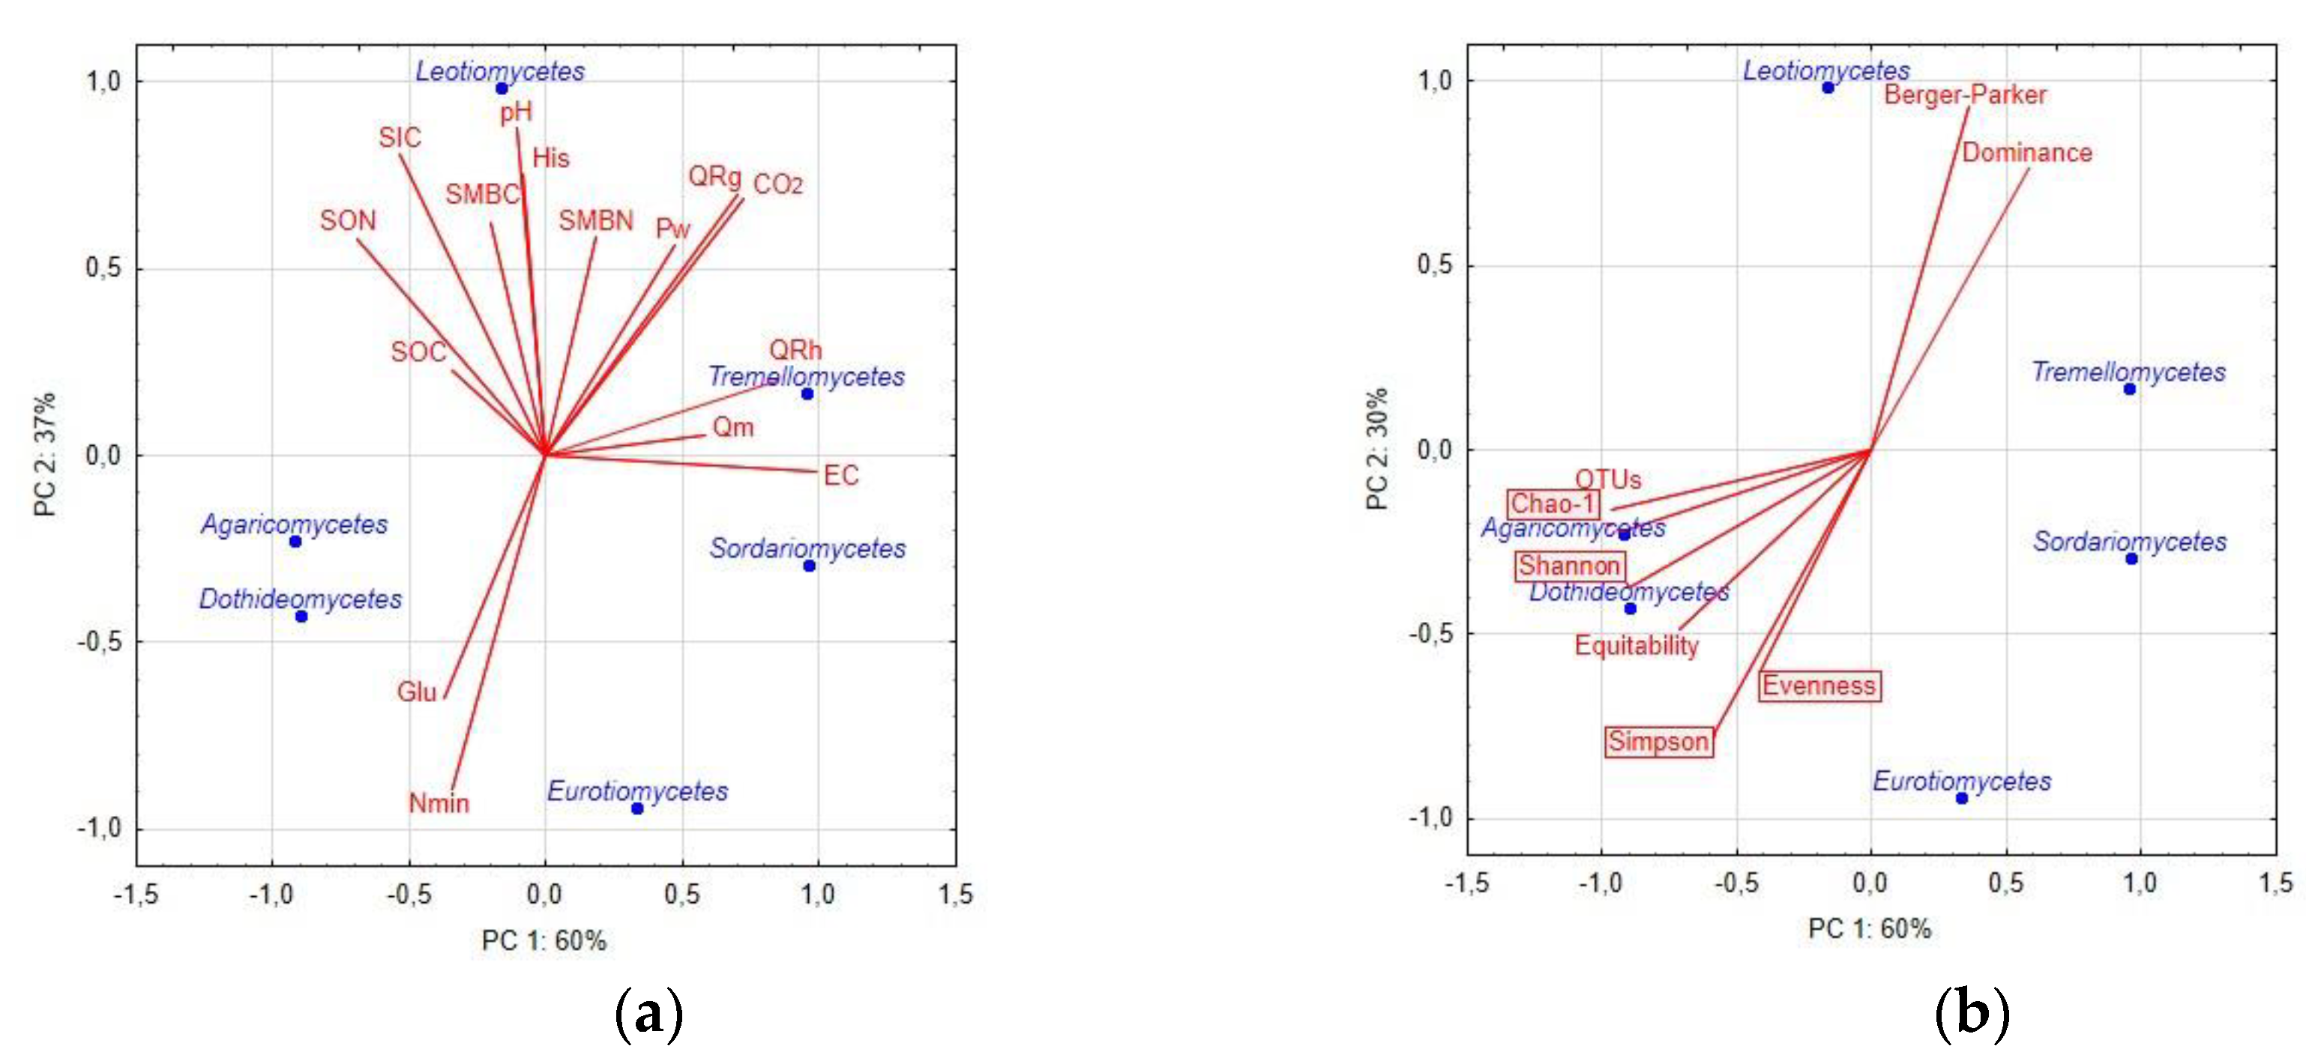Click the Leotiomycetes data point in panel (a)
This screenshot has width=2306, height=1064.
[502, 88]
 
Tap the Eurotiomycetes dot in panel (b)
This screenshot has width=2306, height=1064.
[1961, 798]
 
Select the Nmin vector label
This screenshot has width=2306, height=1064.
[439, 802]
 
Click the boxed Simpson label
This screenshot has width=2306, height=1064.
[1658, 741]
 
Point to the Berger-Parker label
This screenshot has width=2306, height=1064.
[1964, 95]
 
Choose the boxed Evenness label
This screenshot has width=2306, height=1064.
[1818, 686]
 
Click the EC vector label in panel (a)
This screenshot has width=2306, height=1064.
[840, 475]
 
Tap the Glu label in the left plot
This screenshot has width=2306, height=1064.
[416, 692]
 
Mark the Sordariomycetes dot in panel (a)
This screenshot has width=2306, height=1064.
[809, 566]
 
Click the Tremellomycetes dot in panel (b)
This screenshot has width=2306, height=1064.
[2130, 390]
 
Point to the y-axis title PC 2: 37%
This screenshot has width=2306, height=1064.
[45, 455]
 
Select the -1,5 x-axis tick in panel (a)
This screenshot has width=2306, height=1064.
[136, 893]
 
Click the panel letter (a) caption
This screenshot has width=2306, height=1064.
[649, 1013]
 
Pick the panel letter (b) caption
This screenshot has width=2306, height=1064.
[1972, 1013]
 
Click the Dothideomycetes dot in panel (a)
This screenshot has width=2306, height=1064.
[301, 617]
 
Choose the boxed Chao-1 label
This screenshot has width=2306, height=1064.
[1553, 504]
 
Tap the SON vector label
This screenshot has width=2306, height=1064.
[349, 220]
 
